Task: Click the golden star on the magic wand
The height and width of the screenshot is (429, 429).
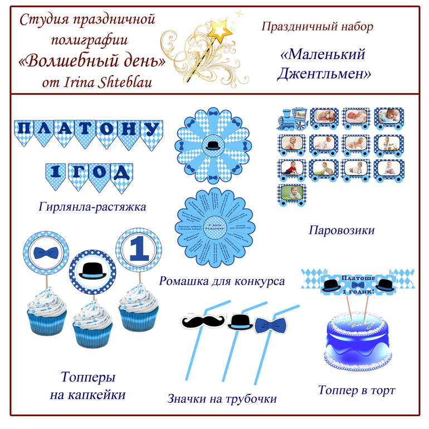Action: tap(223, 28)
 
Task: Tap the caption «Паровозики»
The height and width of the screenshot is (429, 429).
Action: tap(342, 230)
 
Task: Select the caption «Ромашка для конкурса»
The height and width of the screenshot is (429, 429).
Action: tap(222, 281)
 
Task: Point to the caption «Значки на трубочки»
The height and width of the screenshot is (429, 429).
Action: tap(222, 399)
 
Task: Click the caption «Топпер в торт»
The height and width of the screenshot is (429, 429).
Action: tap(357, 390)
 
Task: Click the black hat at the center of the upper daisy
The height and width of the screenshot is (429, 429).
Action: tap(213, 145)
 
